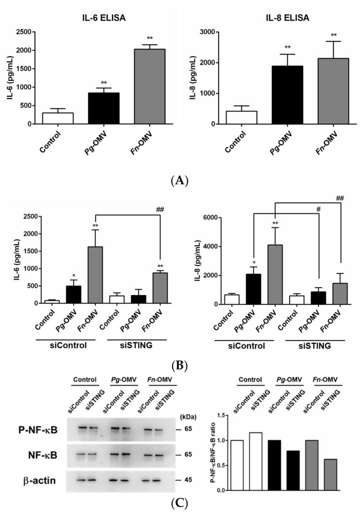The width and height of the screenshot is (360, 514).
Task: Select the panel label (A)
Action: (179, 181)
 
